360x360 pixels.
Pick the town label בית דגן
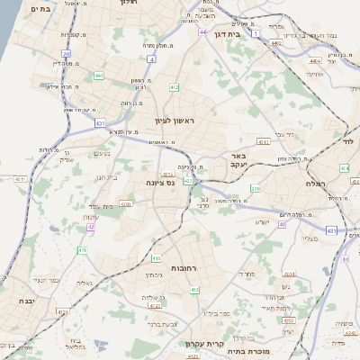tap(224, 34)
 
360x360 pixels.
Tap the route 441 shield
tap(97, 75)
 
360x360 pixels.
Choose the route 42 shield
tap(90, 227)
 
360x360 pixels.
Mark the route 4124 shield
tap(62, 310)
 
